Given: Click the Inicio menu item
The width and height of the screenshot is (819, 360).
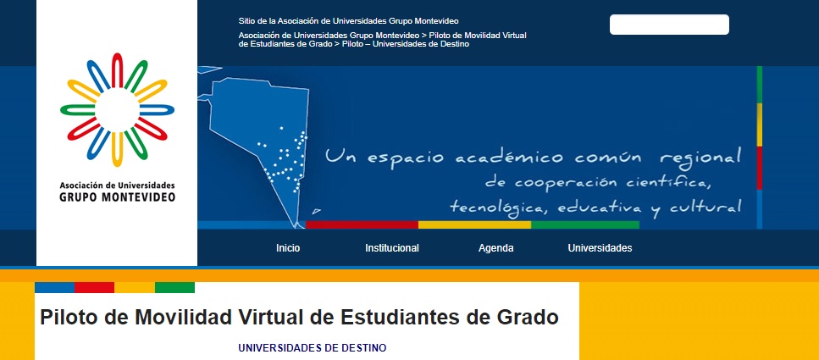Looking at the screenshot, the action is (288, 248).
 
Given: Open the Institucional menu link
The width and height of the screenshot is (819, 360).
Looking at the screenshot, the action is (392, 248).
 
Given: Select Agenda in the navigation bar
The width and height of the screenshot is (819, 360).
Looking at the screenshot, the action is (495, 249).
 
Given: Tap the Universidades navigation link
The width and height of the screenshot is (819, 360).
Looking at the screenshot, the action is (600, 248).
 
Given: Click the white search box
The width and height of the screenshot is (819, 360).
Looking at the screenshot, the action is (669, 25).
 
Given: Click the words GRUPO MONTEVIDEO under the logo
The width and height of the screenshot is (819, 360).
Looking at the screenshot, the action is (118, 197).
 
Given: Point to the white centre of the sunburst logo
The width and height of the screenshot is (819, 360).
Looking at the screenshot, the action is (117, 110).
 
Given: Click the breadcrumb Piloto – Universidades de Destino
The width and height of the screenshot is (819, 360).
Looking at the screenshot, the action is (406, 44).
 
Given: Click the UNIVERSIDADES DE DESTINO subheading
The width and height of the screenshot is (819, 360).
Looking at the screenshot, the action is (313, 348).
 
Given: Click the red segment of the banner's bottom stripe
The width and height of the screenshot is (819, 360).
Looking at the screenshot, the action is (362, 224).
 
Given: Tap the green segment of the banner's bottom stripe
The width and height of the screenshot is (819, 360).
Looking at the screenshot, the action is (585, 224).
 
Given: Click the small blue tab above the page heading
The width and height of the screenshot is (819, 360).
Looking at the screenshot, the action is (55, 287).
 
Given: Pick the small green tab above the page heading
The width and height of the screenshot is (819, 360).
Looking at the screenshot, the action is (175, 287).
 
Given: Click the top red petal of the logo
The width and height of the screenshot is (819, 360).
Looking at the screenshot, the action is (117, 70).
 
